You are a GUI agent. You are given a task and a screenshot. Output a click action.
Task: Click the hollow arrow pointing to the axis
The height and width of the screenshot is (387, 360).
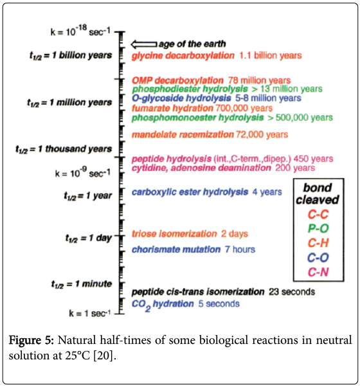[x=143, y=44]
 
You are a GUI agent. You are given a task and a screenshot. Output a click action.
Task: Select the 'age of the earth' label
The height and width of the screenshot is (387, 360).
[x=192, y=44]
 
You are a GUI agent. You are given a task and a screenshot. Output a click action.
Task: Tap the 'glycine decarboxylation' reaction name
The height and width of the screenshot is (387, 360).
[x=183, y=55]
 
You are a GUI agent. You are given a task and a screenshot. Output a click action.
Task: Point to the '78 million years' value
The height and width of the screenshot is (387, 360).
[x=259, y=80]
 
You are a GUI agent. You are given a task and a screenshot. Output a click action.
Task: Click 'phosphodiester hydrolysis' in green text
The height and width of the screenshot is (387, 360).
[x=190, y=89]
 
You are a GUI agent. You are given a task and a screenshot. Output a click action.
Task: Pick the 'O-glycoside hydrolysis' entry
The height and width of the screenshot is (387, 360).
[x=181, y=98]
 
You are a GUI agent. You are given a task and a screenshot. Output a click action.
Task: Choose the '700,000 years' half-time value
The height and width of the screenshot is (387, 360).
[x=244, y=108]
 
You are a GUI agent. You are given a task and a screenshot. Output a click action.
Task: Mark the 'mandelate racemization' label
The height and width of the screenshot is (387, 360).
[x=183, y=134]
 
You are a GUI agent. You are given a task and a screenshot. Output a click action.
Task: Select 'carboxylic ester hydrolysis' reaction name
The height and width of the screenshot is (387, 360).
[x=190, y=192]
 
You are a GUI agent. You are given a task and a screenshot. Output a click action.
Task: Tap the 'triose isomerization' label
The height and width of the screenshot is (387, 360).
[x=174, y=234]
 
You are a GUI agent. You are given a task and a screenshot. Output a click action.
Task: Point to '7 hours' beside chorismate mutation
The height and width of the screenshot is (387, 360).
[x=240, y=249]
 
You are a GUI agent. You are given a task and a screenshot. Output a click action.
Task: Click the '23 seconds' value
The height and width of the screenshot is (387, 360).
[x=292, y=292]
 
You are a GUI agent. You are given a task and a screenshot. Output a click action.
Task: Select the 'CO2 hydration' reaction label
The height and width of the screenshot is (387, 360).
[x=163, y=305]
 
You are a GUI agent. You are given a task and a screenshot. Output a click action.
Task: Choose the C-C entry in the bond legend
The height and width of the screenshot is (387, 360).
[x=318, y=214]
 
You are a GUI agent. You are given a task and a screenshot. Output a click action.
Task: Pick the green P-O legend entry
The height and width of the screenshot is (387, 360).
[x=318, y=229]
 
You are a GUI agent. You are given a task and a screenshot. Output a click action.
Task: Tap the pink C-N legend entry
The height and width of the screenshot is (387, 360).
[x=318, y=272]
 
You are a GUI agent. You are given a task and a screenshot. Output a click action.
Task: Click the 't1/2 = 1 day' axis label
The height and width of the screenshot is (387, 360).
[x=89, y=238]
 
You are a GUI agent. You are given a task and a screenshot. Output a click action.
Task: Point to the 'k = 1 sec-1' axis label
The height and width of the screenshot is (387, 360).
[x=89, y=313]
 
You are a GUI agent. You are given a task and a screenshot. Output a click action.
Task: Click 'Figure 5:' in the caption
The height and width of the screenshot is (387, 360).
[x=31, y=340]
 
